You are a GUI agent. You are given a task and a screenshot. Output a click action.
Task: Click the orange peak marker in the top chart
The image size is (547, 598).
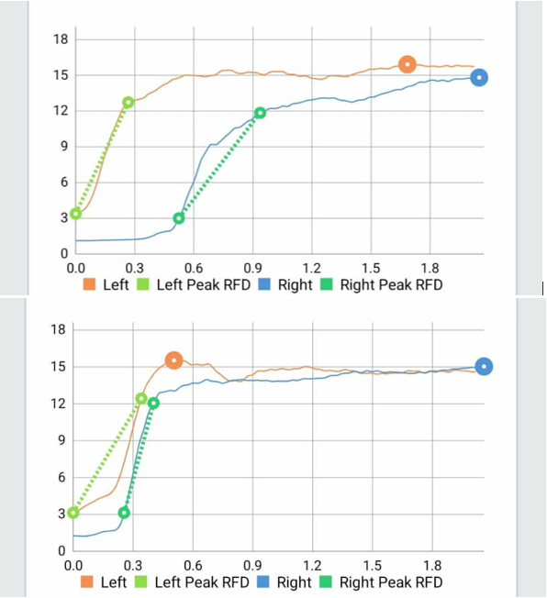[407, 64]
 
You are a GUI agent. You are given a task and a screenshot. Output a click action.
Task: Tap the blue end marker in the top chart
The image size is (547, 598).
[479, 78]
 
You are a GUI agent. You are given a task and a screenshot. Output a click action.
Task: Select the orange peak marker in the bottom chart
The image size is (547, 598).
[173, 360]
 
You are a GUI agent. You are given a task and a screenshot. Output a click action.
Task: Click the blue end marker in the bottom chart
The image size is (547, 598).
[484, 367]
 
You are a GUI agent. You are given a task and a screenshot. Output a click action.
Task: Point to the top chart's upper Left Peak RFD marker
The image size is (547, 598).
[128, 103]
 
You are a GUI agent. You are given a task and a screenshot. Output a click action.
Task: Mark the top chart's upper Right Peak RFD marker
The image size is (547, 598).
[261, 113]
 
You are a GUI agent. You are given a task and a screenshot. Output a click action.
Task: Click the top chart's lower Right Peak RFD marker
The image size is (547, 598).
[179, 218]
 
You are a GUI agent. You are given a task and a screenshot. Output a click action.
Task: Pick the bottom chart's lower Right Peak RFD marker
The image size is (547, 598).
[124, 513]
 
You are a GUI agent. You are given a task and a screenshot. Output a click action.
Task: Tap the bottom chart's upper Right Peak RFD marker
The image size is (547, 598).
[153, 403]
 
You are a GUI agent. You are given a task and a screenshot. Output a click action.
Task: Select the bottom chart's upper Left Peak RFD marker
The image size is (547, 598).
[140, 398]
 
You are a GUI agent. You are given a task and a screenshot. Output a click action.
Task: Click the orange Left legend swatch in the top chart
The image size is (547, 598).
[89, 285]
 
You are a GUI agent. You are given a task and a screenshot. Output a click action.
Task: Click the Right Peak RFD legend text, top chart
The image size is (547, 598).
[391, 285]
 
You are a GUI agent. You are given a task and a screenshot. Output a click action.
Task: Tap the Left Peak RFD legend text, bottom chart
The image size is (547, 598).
[202, 582]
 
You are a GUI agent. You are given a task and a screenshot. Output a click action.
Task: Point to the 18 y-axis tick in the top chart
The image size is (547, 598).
[61, 39]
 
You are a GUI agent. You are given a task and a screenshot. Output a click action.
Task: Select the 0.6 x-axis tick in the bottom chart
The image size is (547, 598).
[194, 566]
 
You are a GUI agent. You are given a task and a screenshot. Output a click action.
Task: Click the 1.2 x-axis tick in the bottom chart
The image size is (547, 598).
[312, 566]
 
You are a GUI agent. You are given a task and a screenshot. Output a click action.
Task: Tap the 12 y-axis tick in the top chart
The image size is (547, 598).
[61, 111]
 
